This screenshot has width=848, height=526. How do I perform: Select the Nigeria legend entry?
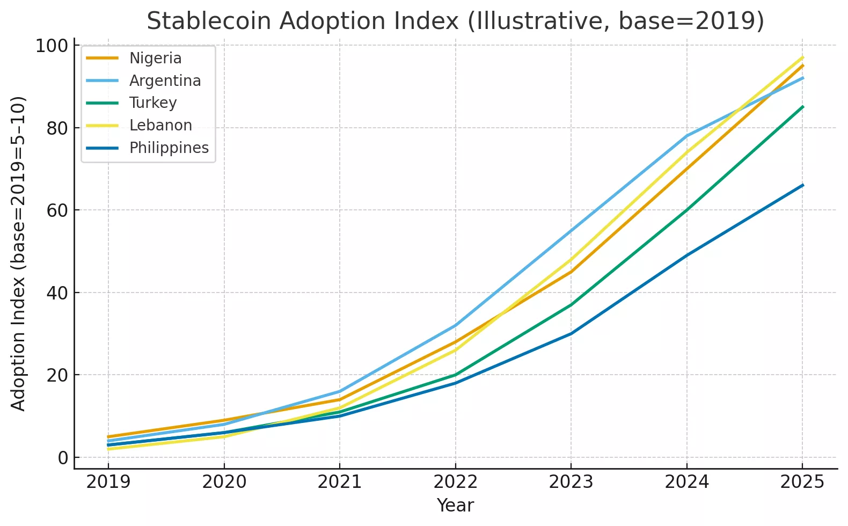[x=155, y=58]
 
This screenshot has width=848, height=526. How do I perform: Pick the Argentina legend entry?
[x=165, y=81]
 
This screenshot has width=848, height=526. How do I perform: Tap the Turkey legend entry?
[x=153, y=103]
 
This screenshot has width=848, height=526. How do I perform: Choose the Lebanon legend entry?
[x=160, y=125]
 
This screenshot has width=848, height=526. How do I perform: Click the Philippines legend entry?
[x=169, y=148]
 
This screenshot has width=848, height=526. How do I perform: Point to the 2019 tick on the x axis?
[x=108, y=482]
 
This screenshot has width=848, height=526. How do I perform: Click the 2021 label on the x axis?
[x=340, y=482]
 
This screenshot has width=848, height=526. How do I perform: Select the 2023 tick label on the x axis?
[x=571, y=482]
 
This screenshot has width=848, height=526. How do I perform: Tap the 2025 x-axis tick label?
[x=802, y=482]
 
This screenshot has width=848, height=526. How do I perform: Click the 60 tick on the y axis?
[x=57, y=210]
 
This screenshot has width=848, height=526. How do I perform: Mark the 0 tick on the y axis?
[x=63, y=458]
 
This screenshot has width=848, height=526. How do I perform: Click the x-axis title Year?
[x=455, y=505]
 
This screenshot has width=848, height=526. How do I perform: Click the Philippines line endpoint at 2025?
[x=803, y=185]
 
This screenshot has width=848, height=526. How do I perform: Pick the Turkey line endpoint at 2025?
[x=803, y=107]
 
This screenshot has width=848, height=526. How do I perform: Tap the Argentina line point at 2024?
[x=687, y=136]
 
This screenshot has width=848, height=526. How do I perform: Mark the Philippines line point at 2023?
[x=571, y=333]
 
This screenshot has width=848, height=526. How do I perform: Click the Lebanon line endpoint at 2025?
[x=803, y=57]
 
